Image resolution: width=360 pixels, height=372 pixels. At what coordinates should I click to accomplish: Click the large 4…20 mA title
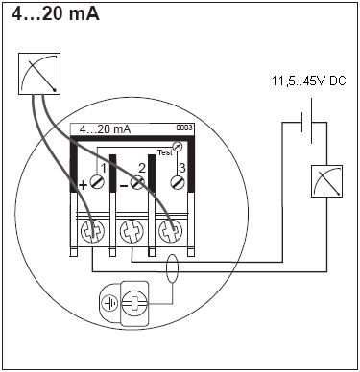(x=56, y=14)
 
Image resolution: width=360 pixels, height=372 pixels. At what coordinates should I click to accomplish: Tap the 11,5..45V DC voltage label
(x=309, y=81)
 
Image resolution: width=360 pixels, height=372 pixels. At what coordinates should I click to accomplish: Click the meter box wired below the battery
(x=326, y=181)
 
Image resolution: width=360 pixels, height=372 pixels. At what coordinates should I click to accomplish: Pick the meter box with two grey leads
(x=39, y=74)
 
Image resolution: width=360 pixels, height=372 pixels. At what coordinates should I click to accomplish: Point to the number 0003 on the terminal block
(x=184, y=128)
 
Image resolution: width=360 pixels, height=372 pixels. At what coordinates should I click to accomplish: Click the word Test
(x=165, y=152)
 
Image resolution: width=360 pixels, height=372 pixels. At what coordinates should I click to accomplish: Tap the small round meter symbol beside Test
(x=177, y=146)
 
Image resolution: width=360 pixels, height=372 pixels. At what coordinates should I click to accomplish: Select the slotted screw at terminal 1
(x=97, y=182)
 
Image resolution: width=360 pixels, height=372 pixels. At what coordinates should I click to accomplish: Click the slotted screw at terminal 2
(x=137, y=182)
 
